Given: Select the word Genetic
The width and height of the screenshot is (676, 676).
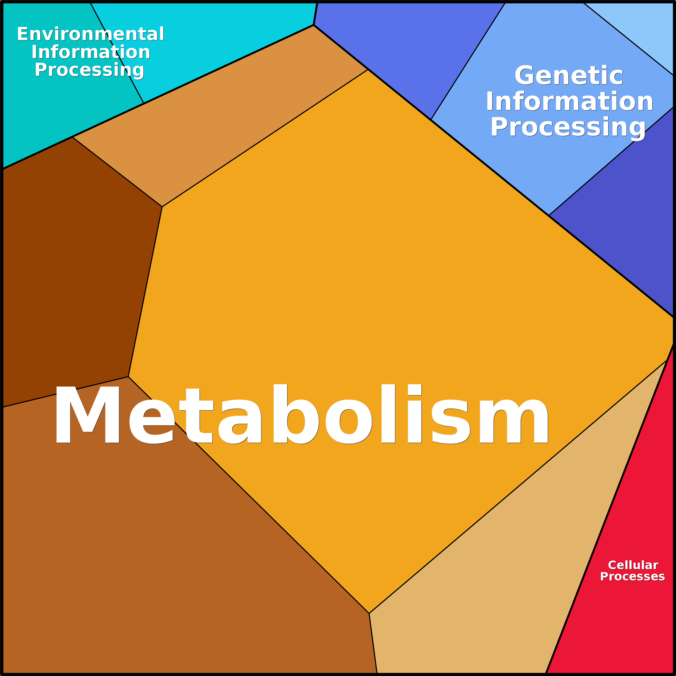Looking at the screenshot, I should [x=569, y=76].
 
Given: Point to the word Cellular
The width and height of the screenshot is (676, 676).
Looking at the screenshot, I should [x=633, y=565].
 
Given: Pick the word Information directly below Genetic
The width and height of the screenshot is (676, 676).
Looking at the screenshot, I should [x=569, y=102].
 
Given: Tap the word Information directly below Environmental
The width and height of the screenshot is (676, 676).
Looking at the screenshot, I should [x=91, y=52].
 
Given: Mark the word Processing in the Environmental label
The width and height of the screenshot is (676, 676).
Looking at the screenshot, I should [x=89, y=70].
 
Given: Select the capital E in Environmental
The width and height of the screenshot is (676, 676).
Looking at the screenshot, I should [x=22, y=34].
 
